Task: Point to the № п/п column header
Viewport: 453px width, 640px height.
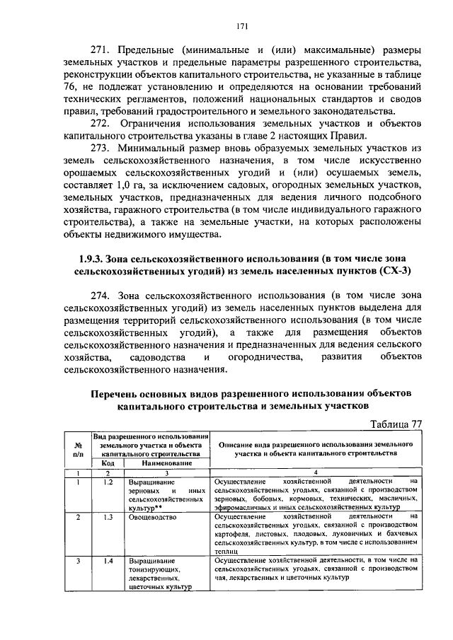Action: (78, 448)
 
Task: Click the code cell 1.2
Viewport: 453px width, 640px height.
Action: (108, 481)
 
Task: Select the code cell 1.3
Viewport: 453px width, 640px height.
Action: (108, 517)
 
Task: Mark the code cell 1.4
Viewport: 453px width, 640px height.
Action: (108, 560)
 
